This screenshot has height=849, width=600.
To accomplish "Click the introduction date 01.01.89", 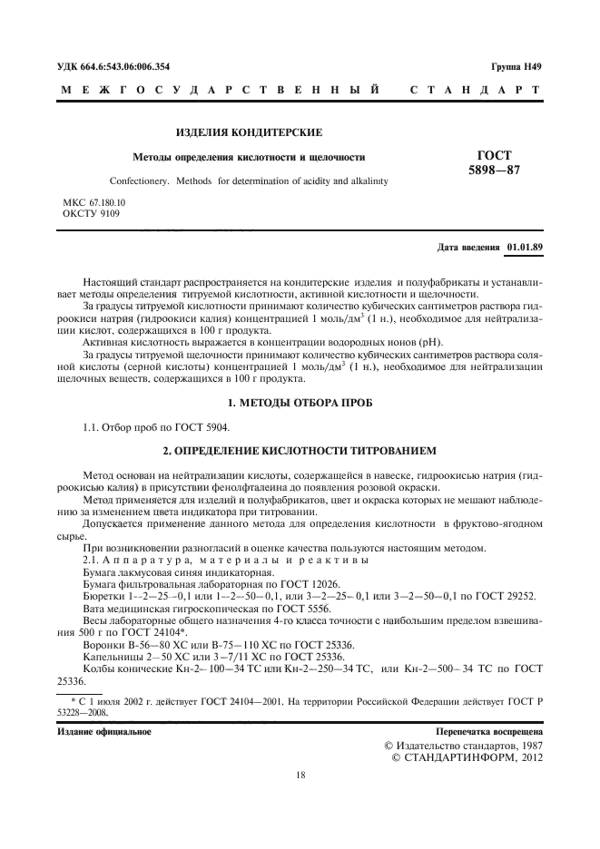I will coord(525,246).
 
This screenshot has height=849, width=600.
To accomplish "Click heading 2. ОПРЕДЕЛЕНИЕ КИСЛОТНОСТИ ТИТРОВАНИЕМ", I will coord(300,449).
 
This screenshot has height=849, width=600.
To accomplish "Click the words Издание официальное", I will coord(104,730).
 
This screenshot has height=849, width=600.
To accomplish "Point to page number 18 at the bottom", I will coord(300,775).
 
